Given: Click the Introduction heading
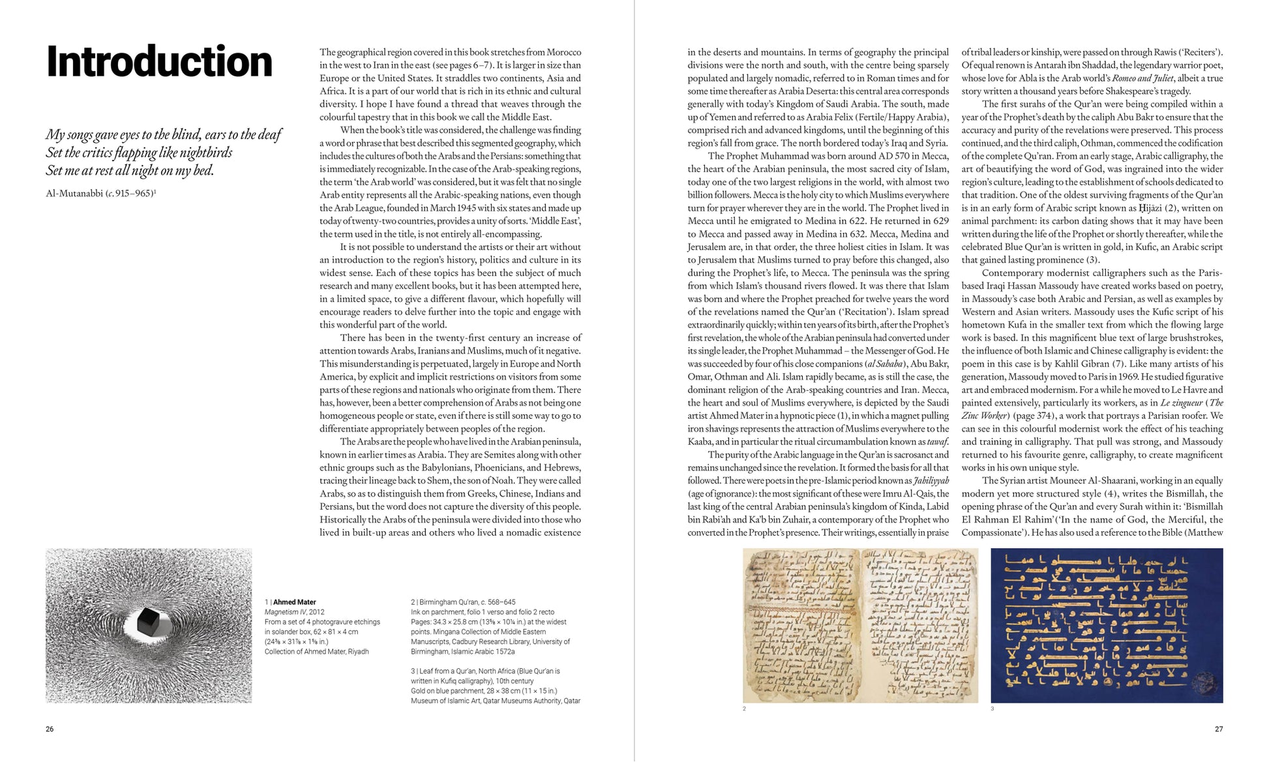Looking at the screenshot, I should pos(159,62).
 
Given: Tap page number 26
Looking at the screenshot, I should pos(50,729).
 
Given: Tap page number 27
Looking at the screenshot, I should pos(1218,729).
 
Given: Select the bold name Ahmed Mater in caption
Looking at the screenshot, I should pos(294,602).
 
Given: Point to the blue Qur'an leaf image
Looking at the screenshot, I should pos(1106,625).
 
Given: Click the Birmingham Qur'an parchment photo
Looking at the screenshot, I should pos(859,625).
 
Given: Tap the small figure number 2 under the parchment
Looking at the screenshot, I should pos(744,709).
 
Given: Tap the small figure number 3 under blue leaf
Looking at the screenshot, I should pos(992,709).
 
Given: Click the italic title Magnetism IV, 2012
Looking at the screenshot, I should pos(294,612).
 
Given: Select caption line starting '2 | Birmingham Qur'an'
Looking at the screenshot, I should pos(463,602).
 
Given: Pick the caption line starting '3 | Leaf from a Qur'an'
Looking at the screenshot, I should pos(485,671).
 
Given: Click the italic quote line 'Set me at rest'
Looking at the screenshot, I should pos(130,171).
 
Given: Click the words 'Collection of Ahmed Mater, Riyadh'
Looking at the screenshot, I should pos(316,652).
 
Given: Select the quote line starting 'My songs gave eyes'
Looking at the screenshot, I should pos(163,134).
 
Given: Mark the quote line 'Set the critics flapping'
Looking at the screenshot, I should pos(139,153).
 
